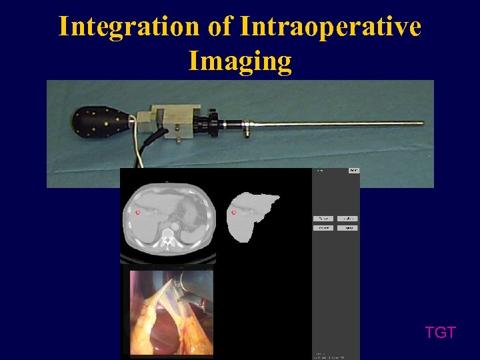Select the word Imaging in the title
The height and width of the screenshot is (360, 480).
(240, 61)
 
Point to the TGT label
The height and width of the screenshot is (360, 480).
(441, 333)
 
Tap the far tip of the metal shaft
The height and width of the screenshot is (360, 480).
(421, 123)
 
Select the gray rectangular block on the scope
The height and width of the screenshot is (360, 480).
(175, 119)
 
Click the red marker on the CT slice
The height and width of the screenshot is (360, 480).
(137, 213)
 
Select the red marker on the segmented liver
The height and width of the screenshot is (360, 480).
(233, 213)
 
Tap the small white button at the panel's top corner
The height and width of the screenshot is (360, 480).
(353, 171)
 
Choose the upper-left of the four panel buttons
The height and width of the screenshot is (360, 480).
(323, 219)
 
